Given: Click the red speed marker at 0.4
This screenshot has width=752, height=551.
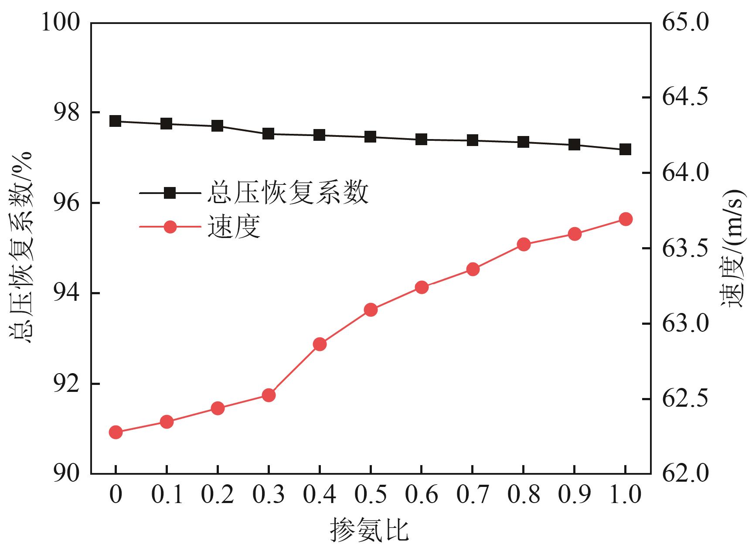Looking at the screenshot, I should (320, 344).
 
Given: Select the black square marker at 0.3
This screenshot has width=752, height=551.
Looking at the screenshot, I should (269, 134).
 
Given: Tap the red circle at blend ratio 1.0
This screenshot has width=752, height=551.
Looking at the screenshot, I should (625, 219).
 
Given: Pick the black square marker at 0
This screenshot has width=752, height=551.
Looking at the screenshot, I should (116, 121).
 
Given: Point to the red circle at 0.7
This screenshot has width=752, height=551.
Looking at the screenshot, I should (473, 269).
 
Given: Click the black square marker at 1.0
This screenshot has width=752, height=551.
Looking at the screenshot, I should (625, 150).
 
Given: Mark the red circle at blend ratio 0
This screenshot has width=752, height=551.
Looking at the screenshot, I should (116, 432).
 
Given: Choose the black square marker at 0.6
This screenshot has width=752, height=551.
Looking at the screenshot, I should (421, 139).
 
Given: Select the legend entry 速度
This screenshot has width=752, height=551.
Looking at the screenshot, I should (234, 227).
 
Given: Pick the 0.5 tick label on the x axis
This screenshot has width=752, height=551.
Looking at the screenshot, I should (371, 495).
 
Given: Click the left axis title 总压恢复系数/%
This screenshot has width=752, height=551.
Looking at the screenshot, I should (21, 247).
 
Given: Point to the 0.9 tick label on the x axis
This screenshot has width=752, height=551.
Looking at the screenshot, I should (575, 495).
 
